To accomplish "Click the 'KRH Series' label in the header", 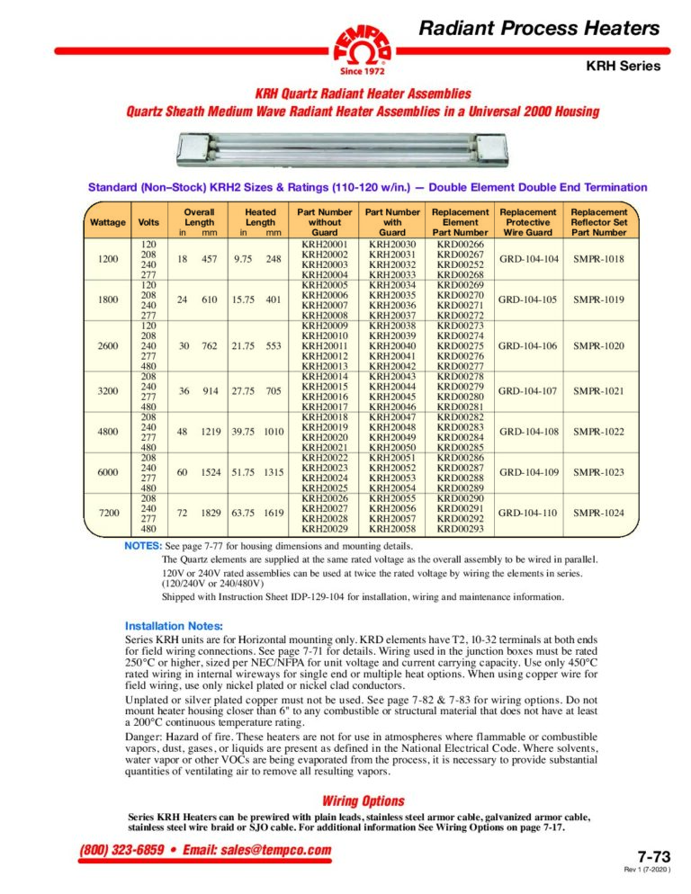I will click(624, 66).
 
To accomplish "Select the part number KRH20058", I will click(392, 530).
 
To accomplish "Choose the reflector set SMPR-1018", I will click(599, 259).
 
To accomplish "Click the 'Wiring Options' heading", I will click(363, 800).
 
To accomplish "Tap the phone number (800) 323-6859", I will click(111, 851).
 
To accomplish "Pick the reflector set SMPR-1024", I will click(599, 514).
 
